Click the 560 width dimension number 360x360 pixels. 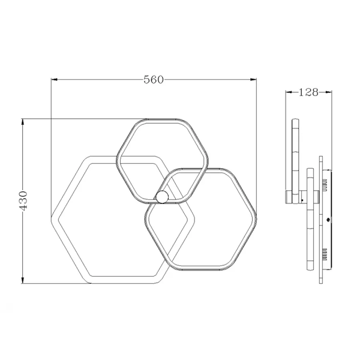coord(154,79)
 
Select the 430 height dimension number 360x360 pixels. coord(23,200)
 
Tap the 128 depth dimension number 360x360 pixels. coord(308,92)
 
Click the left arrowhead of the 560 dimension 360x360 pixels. coord(54,80)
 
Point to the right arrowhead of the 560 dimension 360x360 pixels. coord(253,80)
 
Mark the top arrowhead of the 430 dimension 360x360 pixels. coord(23,122)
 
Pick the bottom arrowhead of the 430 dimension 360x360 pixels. coord(23,280)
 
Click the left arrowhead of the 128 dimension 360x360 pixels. coord(289,92)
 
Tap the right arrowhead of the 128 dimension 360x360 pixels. coord(329,92)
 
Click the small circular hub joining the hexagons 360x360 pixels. coord(162,197)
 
